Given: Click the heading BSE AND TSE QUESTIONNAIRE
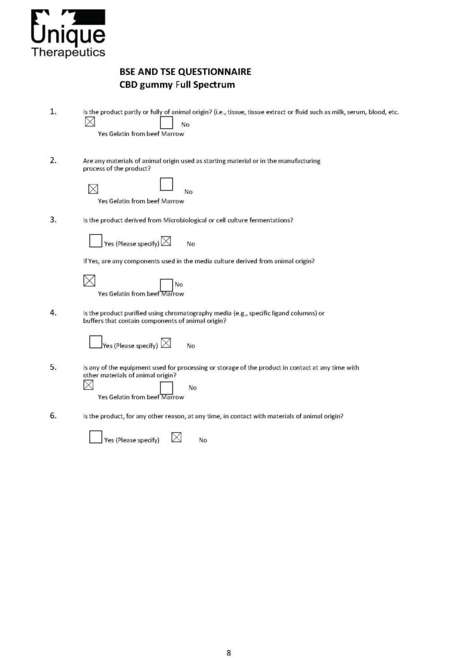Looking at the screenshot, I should (185, 73).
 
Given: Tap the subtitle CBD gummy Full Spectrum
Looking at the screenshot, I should (176, 85).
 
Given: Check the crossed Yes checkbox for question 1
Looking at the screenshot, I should (90, 122).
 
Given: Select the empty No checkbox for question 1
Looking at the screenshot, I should (166, 123).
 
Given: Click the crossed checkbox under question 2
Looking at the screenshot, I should (93, 189).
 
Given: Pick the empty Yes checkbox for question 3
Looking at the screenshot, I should (96, 240).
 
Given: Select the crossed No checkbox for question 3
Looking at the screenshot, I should (166, 240).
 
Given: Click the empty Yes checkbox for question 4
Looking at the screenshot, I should (96, 342).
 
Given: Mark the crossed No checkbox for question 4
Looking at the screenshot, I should (166, 343).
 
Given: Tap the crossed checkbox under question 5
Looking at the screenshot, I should (89, 384).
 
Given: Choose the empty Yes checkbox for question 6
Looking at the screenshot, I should (96, 437).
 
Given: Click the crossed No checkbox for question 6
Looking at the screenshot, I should (177, 437).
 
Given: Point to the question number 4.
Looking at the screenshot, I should (53, 312).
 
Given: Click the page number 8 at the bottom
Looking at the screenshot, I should (229, 652).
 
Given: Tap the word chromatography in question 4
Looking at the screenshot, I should (176, 313).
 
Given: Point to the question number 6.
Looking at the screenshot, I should (53, 415).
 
